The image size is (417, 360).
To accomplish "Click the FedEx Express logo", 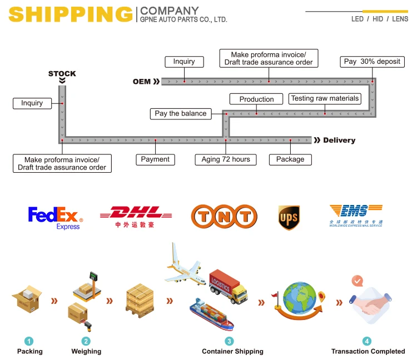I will click(54, 217).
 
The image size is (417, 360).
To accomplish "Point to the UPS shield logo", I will click(289, 217).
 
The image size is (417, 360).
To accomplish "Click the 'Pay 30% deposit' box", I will click(372, 62).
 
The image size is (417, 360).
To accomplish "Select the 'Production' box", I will click(256, 99).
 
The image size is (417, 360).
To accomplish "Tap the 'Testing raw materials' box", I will click(325, 99).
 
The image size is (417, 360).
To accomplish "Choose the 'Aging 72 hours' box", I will click(226, 159).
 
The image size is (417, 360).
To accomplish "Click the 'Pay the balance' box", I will click(180, 113).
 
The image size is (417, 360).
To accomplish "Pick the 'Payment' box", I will click(155, 159).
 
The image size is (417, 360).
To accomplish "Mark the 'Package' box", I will click(290, 159).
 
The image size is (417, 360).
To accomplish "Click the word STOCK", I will click(62, 74).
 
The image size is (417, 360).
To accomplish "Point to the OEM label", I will click(142, 82).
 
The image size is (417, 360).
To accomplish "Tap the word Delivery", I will click(339, 141).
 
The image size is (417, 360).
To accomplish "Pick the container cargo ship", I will click(211, 314).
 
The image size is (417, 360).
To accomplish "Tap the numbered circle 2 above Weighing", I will click(86, 341).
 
